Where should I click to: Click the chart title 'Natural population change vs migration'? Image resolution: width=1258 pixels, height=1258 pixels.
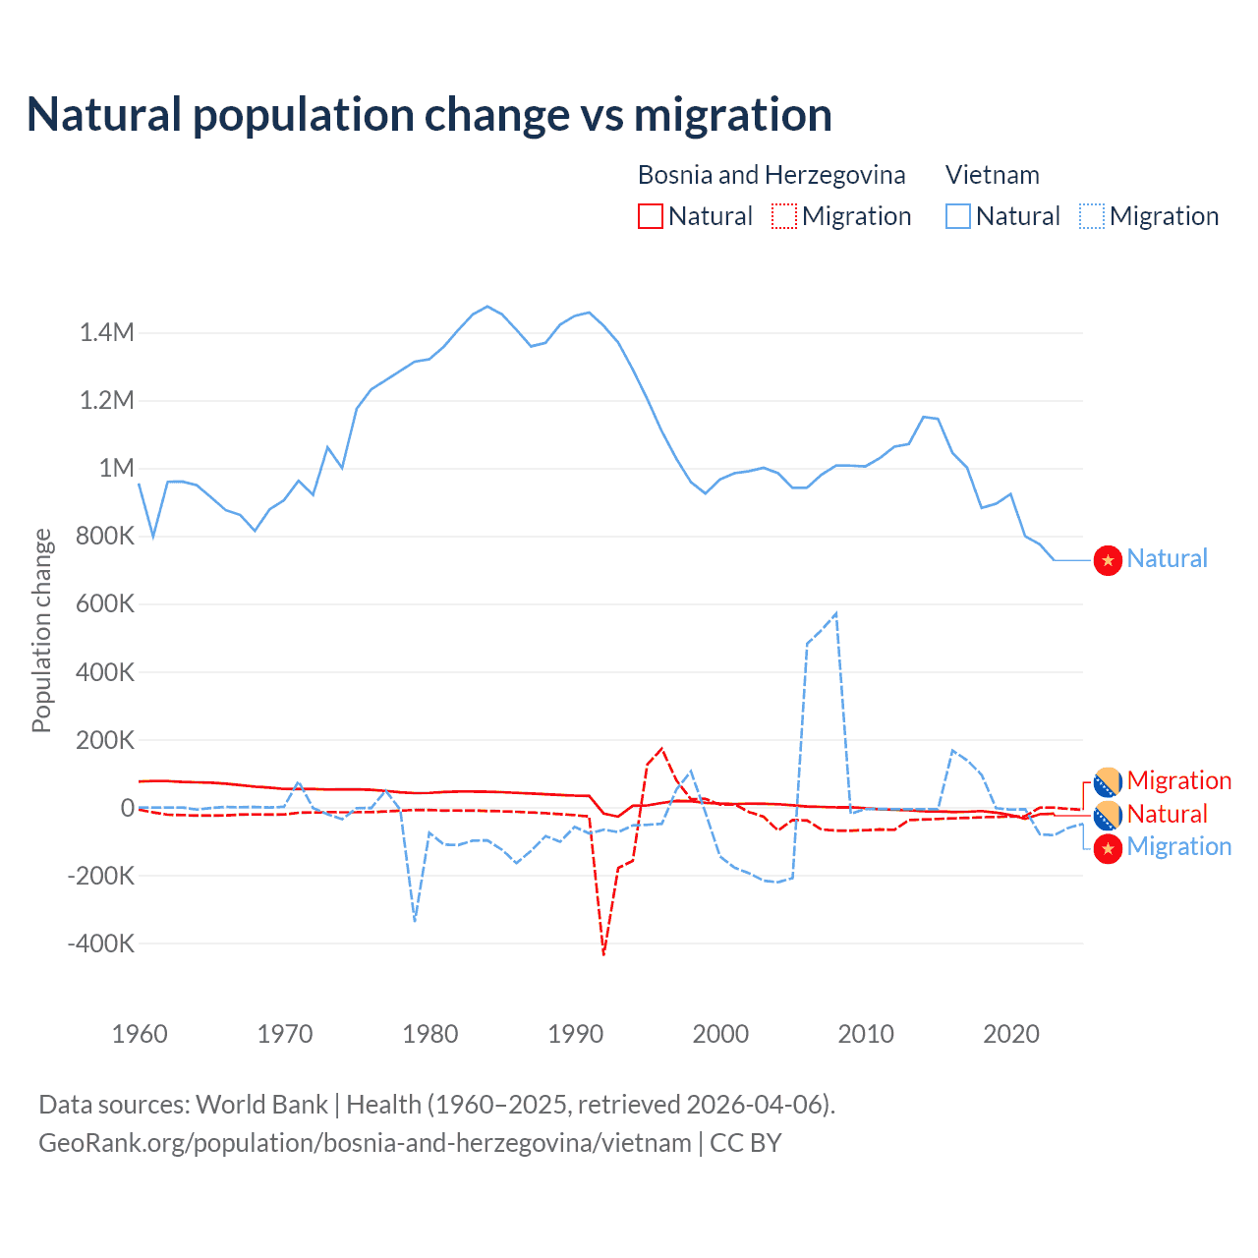tap(429, 115)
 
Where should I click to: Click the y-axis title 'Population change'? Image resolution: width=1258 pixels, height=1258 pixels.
tap(41, 630)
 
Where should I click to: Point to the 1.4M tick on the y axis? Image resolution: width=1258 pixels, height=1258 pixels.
tap(107, 333)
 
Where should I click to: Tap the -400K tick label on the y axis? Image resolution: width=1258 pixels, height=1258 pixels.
tap(100, 943)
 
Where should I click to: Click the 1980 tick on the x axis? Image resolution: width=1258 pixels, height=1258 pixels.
tap(430, 1034)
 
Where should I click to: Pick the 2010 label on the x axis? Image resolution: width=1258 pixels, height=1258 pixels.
tap(866, 1034)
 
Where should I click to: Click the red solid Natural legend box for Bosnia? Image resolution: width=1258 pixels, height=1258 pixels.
tap(651, 216)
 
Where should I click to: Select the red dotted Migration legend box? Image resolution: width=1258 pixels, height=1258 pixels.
tap(784, 216)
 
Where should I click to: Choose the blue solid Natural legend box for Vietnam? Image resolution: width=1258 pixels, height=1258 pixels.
tap(958, 216)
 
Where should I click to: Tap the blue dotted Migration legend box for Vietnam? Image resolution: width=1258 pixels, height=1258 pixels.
tap(1092, 216)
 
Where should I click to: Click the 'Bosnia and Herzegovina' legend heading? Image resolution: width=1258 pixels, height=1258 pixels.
tap(772, 175)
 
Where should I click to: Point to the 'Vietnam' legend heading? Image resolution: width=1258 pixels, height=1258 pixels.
tap(993, 175)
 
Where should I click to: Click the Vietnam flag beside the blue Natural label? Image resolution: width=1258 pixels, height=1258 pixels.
tap(1109, 560)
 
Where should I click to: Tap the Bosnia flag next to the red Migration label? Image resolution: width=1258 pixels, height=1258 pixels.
tap(1109, 782)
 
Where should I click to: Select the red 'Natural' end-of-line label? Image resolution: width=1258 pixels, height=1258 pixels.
tap(1167, 814)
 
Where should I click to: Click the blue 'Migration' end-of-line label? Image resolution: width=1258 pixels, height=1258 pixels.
tap(1178, 846)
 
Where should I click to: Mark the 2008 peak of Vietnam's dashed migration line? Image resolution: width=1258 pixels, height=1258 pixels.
tap(835, 613)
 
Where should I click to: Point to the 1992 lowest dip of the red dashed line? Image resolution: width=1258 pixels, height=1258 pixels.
tap(603, 953)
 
